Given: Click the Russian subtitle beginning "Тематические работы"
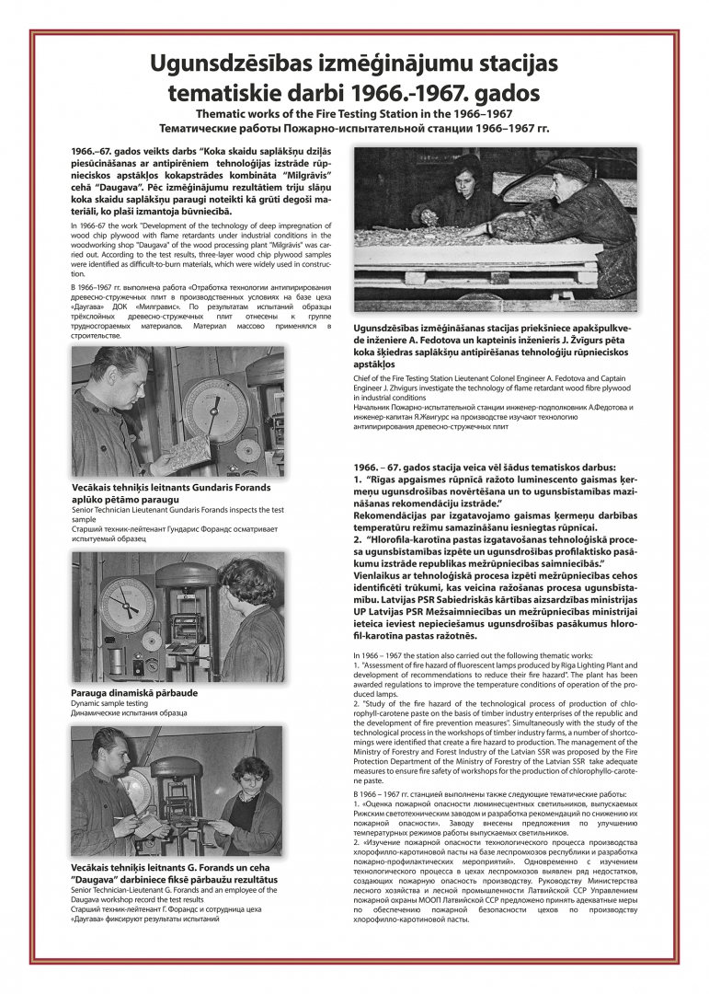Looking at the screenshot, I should pos(354,128).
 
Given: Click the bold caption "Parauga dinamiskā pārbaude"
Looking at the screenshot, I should pos(133,692).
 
